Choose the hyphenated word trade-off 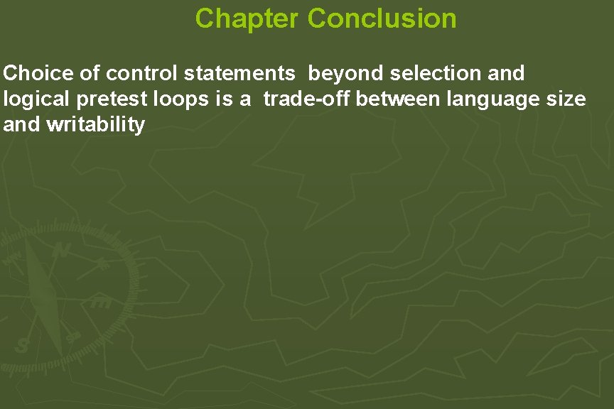pos(307,99)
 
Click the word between pos(399,99)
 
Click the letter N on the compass pos(63,250)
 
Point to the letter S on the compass pos(22,346)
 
